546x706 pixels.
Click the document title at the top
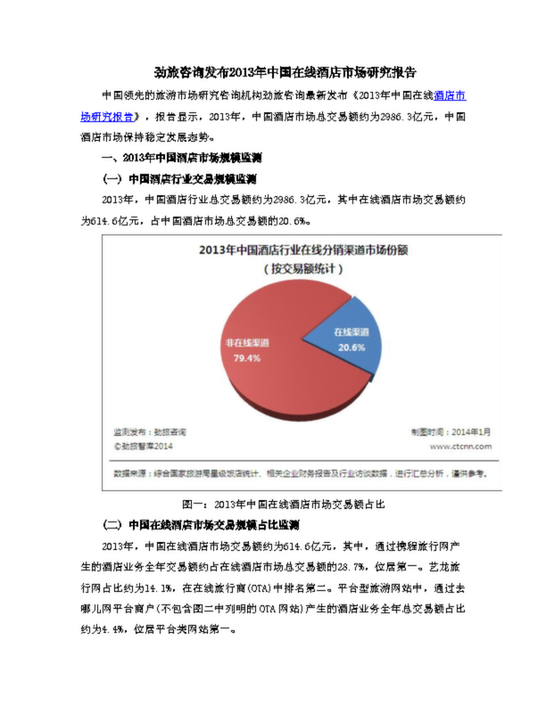pyautogui.click(x=273, y=70)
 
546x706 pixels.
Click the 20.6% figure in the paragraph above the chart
pyautogui.click(x=292, y=219)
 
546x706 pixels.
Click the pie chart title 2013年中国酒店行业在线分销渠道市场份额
pyautogui.click(x=302, y=250)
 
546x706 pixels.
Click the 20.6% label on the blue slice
pyautogui.click(x=351, y=347)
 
